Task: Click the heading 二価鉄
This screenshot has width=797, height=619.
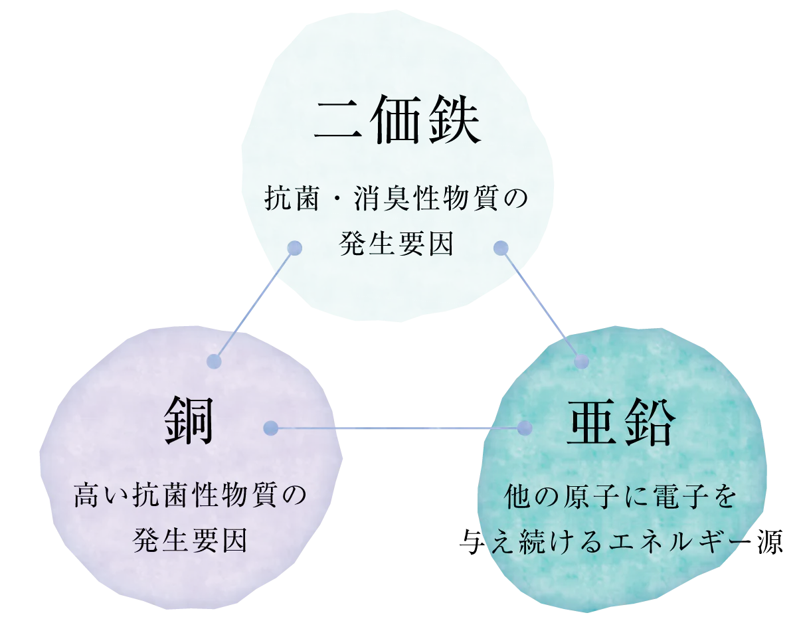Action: click(398, 119)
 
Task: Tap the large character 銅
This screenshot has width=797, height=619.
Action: click(189, 420)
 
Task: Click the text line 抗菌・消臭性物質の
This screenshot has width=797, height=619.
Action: click(396, 199)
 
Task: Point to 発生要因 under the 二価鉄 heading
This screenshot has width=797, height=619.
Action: click(396, 244)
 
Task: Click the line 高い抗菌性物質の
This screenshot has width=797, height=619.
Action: click(190, 495)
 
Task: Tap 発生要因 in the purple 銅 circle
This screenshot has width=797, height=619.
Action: click(190, 540)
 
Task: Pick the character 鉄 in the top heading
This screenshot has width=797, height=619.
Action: click(454, 119)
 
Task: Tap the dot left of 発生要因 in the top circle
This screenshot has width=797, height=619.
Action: click(294, 248)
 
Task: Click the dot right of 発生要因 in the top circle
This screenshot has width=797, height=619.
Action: click(501, 248)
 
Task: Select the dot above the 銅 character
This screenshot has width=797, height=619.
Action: click(215, 361)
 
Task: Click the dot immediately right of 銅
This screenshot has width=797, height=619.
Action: click(271, 428)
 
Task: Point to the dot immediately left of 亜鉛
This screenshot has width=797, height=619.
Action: click(525, 428)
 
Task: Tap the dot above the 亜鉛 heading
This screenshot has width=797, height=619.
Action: click(581, 361)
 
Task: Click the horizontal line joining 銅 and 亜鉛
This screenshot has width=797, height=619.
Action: click(398, 428)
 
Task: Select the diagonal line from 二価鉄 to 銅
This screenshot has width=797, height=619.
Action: click(254, 305)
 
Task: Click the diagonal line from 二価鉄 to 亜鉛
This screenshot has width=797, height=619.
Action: click(541, 305)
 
